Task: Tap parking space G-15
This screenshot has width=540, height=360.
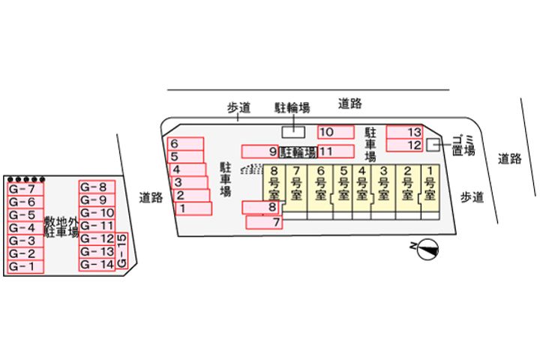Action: click(123, 252)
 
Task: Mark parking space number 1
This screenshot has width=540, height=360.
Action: click(193, 208)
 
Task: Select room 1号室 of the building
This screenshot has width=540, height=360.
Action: click(430, 188)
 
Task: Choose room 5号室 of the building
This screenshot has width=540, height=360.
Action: click(343, 188)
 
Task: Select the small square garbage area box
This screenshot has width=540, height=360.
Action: click(433, 144)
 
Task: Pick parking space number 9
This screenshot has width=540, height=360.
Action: click(259, 151)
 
